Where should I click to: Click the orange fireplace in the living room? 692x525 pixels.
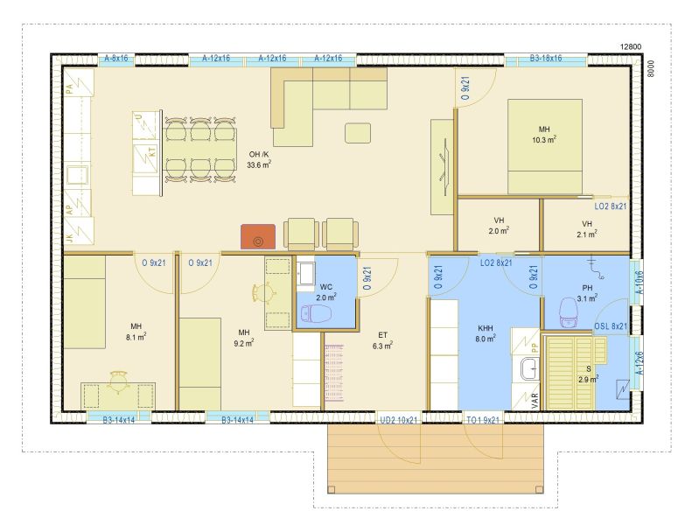[258, 236]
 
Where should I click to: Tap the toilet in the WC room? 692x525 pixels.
[316, 313]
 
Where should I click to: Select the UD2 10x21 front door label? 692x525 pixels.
[399, 420]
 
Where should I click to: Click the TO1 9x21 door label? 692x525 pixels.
[483, 420]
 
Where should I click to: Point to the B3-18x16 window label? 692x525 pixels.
[546, 59]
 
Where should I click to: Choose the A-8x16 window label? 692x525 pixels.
[116, 59]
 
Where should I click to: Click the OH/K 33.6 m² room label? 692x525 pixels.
[259, 159]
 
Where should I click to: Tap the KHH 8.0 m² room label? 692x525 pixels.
[486, 333]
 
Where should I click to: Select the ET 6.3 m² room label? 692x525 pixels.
[382, 341]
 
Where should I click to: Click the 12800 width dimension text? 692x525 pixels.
[631, 46]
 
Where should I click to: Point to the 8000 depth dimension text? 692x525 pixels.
[651, 69]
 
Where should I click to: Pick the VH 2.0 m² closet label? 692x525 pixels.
[500, 225]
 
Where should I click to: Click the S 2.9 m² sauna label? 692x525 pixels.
[588, 374]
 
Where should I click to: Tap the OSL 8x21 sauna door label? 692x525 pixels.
[611, 326]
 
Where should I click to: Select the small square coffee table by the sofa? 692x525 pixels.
[358, 133]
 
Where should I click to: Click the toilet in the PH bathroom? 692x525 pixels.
[569, 312]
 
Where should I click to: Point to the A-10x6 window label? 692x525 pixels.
[639, 283]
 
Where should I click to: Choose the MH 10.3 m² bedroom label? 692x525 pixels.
[544, 135]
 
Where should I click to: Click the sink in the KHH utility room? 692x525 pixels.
[529, 369]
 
